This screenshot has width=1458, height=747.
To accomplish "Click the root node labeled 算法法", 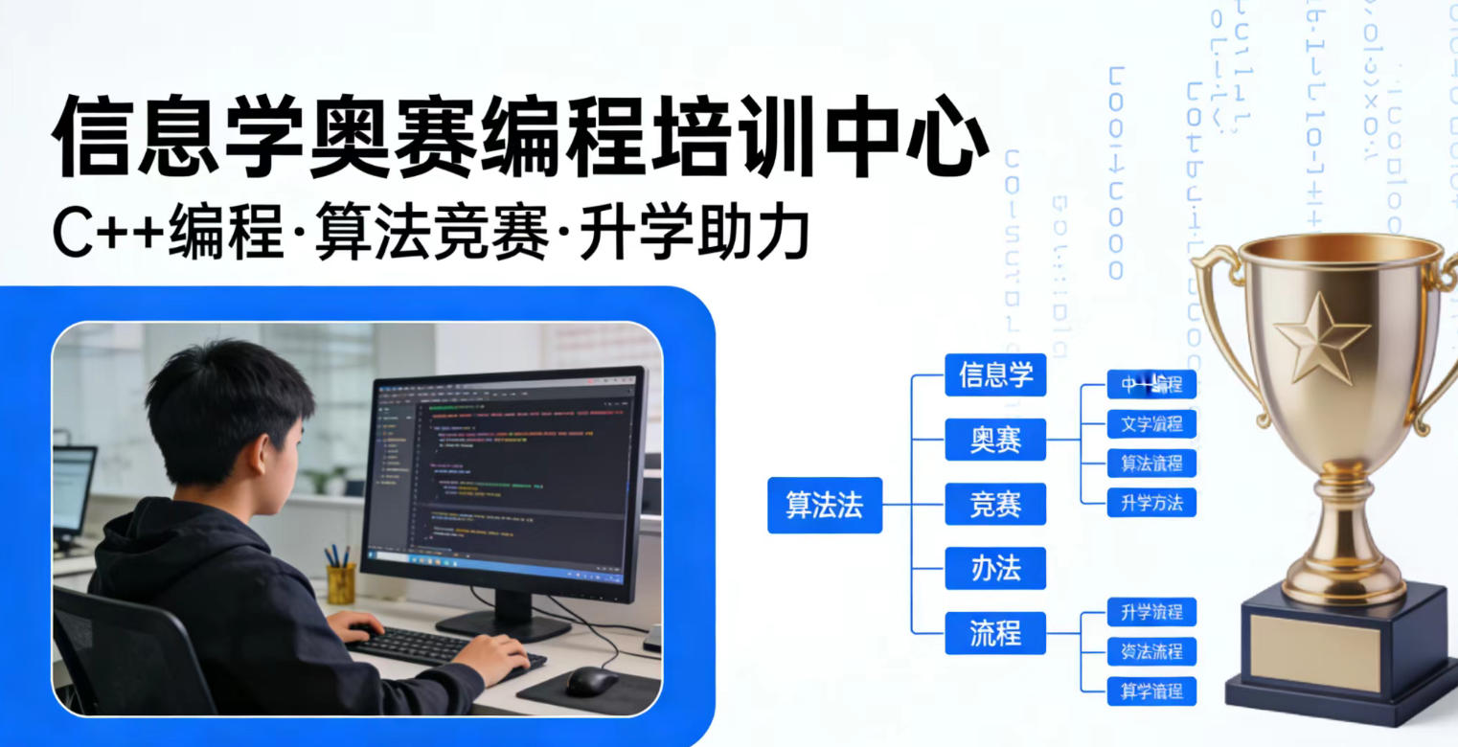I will pyautogui.click(x=824, y=505).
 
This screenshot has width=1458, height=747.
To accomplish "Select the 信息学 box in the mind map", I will pyautogui.click(x=995, y=374).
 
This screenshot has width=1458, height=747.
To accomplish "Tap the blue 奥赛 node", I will pyautogui.click(x=995, y=440).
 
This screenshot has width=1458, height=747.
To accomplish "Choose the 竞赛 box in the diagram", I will pyautogui.click(x=995, y=505).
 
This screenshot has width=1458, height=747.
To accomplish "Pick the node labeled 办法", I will pyautogui.click(x=995, y=569).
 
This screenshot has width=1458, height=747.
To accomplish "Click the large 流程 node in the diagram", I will pyautogui.click(x=995, y=633).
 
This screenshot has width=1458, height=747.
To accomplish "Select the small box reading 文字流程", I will pyautogui.click(x=1151, y=423).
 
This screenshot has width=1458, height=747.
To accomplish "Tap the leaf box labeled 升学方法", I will pyautogui.click(x=1151, y=502).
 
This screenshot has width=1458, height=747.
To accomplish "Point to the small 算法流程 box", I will pyautogui.click(x=1151, y=464).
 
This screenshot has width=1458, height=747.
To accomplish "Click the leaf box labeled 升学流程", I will pyautogui.click(x=1151, y=612).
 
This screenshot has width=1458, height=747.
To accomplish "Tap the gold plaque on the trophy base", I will pyautogui.click(x=1314, y=652).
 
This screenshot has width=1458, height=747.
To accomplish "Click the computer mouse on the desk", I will pyautogui.click(x=591, y=681).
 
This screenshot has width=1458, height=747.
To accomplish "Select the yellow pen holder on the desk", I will pyautogui.click(x=340, y=582).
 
